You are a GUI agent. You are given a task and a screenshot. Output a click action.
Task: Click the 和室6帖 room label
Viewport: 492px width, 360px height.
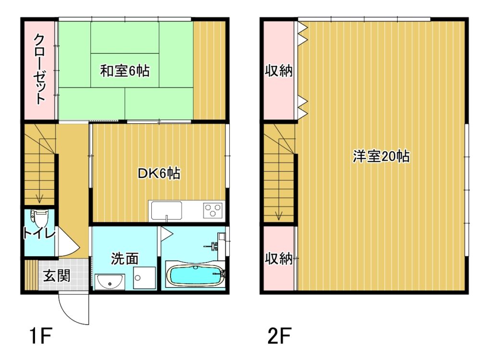click(124, 71)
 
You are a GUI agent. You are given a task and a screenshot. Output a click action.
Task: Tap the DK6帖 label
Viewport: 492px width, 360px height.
click(159, 173)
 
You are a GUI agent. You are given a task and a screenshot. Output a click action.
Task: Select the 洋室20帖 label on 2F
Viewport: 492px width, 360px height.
click(381, 156)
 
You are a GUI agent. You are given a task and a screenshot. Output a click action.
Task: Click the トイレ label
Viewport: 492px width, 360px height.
click(39, 233)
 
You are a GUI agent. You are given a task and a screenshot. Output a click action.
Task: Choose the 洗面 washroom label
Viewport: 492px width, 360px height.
click(124, 259)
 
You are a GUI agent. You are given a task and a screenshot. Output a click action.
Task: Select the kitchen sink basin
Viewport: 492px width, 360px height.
click(166, 210)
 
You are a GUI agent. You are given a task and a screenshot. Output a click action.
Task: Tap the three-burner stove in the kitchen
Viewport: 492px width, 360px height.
click(213, 210)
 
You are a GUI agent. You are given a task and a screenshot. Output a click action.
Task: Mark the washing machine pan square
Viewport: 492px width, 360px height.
click(144, 277)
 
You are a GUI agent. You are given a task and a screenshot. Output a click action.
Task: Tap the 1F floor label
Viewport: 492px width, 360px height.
click(40, 336)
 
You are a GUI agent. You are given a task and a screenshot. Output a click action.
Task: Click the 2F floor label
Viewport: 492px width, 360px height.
click(279, 336)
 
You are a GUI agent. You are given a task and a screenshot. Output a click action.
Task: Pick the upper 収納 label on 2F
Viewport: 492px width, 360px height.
click(279, 71)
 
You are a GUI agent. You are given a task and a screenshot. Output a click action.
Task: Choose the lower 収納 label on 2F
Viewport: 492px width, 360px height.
click(279, 259)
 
